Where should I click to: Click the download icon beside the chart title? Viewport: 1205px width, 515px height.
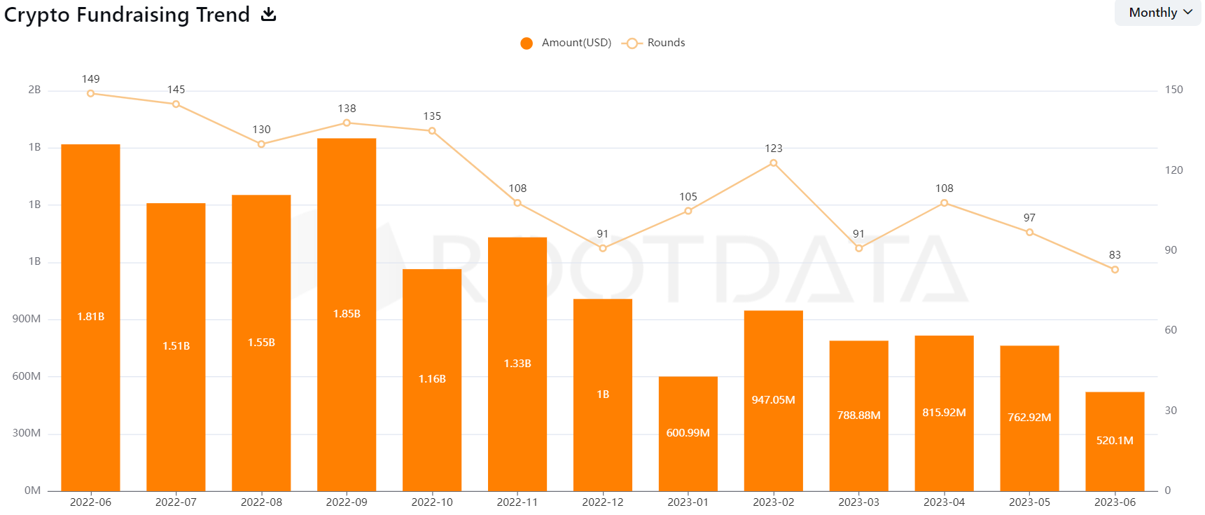coord(269,14)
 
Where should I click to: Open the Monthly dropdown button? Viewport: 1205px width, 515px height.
coord(1159,13)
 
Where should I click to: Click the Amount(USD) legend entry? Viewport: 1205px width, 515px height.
coord(566,43)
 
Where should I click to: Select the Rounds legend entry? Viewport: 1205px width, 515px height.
coord(654,43)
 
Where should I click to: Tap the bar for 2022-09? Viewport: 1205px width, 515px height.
coord(347,314)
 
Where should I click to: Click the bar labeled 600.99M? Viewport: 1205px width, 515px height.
coord(688,433)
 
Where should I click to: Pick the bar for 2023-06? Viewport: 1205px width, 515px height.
coord(1115,441)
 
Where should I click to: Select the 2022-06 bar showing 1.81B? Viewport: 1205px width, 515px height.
coord(91,317)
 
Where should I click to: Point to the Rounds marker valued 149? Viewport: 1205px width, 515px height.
coord(91,93)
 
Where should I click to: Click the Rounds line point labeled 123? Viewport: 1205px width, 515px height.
coord(774,163)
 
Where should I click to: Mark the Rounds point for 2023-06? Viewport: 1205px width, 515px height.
coord(1115,270)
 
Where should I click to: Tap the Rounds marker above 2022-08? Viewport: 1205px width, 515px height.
coord(261,144)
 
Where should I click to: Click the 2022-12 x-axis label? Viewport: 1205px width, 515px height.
coord(603,502)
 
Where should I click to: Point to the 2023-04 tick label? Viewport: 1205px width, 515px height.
coord(944,502)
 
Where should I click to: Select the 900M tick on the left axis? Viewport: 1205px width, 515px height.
coord(27,319)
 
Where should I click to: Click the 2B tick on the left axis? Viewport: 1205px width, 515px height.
coord(34,90)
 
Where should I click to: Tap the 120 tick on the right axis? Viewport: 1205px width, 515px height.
coord(1173,170)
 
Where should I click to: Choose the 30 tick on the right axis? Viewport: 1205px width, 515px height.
coord(1171,411)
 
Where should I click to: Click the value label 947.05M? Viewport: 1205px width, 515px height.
coord(773,400)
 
